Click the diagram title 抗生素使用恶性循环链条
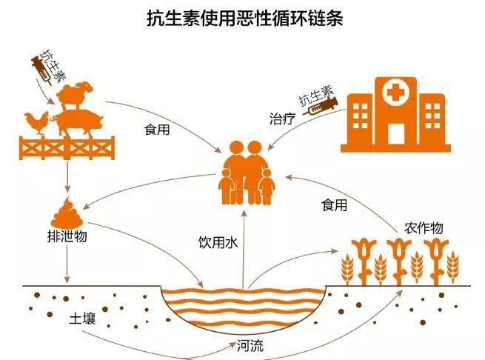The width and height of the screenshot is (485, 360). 244,19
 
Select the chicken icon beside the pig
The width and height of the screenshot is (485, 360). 36,123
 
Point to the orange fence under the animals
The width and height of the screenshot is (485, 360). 67,148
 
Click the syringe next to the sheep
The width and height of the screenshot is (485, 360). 41,70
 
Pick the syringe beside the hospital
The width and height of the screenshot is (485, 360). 321,106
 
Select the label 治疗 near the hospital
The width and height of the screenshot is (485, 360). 282,119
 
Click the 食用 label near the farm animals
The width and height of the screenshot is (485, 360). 157,130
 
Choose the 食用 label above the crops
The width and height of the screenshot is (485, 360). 334,205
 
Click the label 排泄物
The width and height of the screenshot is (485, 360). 67,236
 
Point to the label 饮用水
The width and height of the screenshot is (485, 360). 218,242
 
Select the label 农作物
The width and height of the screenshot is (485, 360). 424,228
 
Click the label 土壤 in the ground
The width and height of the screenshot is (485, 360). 82,319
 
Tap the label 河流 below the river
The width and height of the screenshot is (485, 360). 250,346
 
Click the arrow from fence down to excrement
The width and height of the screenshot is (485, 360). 67,176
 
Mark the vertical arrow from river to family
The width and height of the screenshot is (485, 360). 244,250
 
